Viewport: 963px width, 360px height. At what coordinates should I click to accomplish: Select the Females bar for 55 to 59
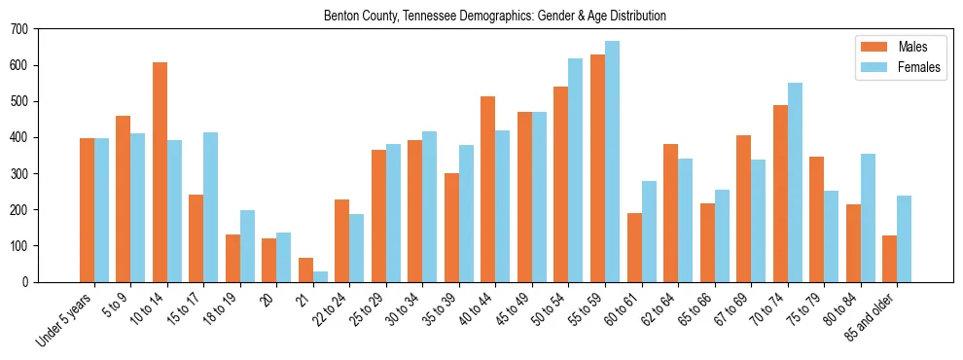click(612, 162)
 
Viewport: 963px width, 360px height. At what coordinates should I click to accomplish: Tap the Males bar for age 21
click(305, 270)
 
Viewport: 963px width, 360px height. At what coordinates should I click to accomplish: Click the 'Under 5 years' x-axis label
click(65, 319)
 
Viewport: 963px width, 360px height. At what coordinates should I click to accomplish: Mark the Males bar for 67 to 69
click(743, 208)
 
